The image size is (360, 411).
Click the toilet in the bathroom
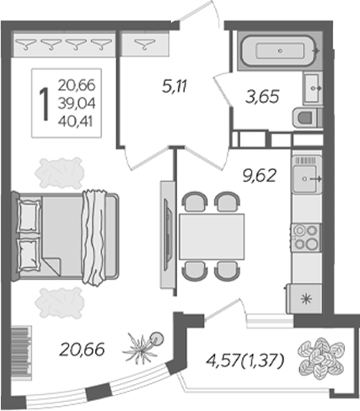pyautogui.click(x=306, y=117)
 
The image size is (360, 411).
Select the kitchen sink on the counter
pyautogui.click(x=304, y=178)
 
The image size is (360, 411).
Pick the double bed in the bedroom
pyautogui.click(x=67, y=234)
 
